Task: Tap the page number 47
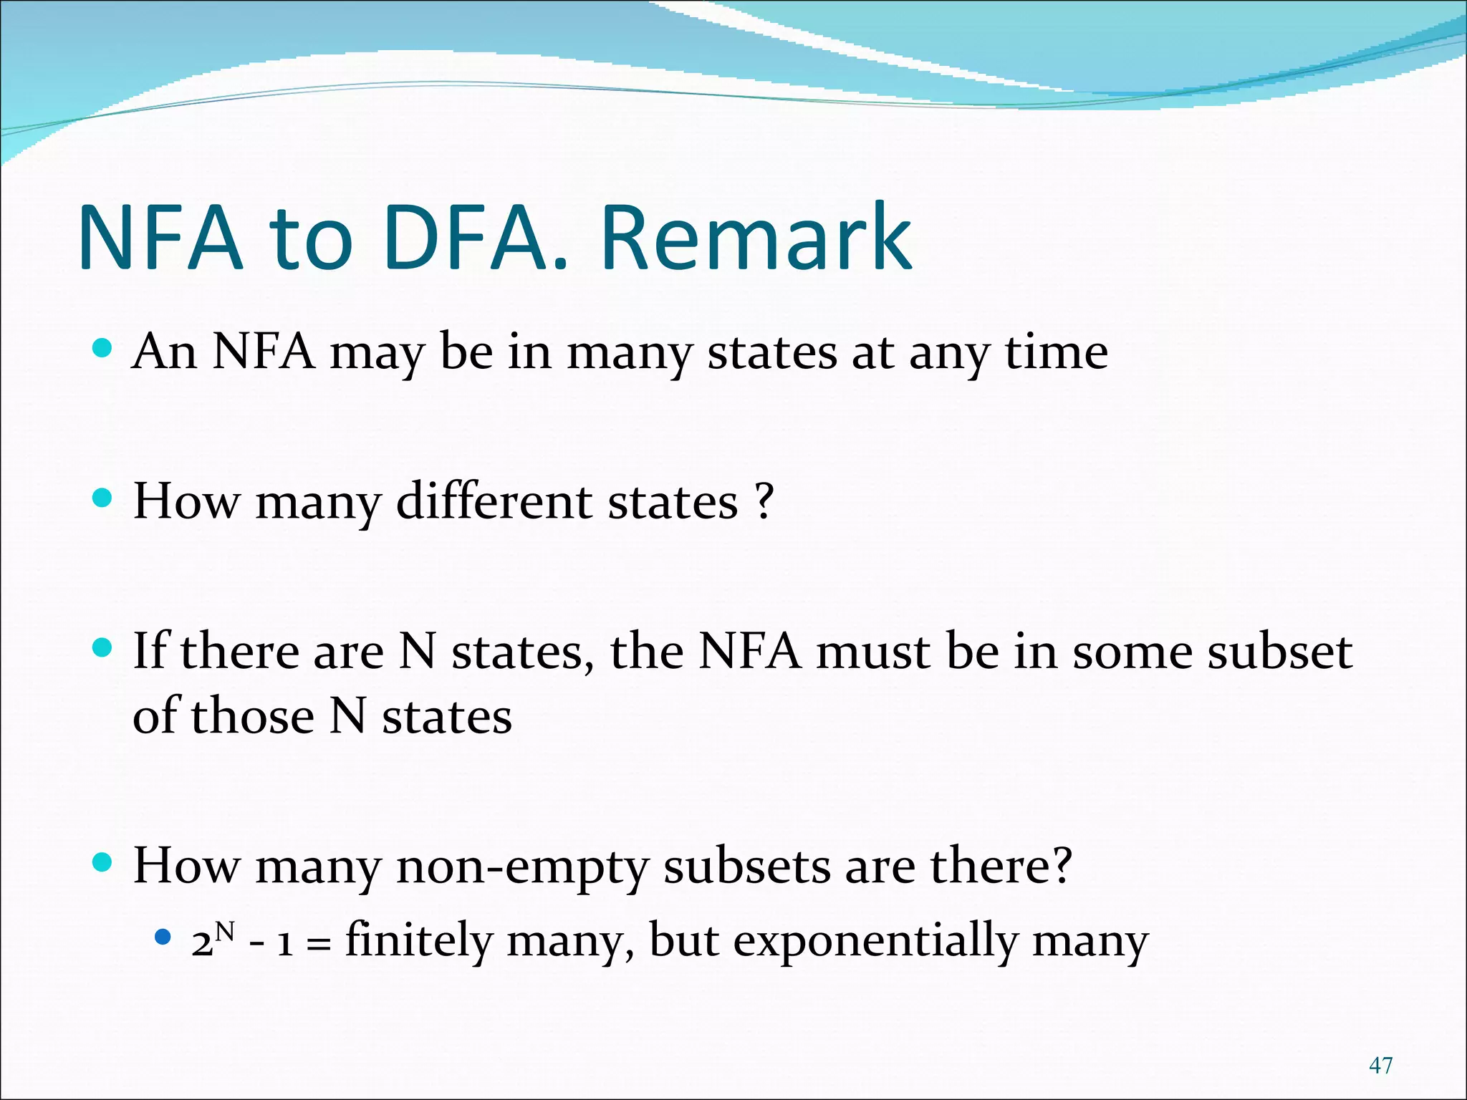[1380, 1065]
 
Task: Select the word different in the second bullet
[494, 501]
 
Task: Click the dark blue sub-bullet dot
[163, 936]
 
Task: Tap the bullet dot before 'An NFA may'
[103, 349]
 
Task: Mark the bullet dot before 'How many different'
[103, 498]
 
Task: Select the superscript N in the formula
[225, 931]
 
